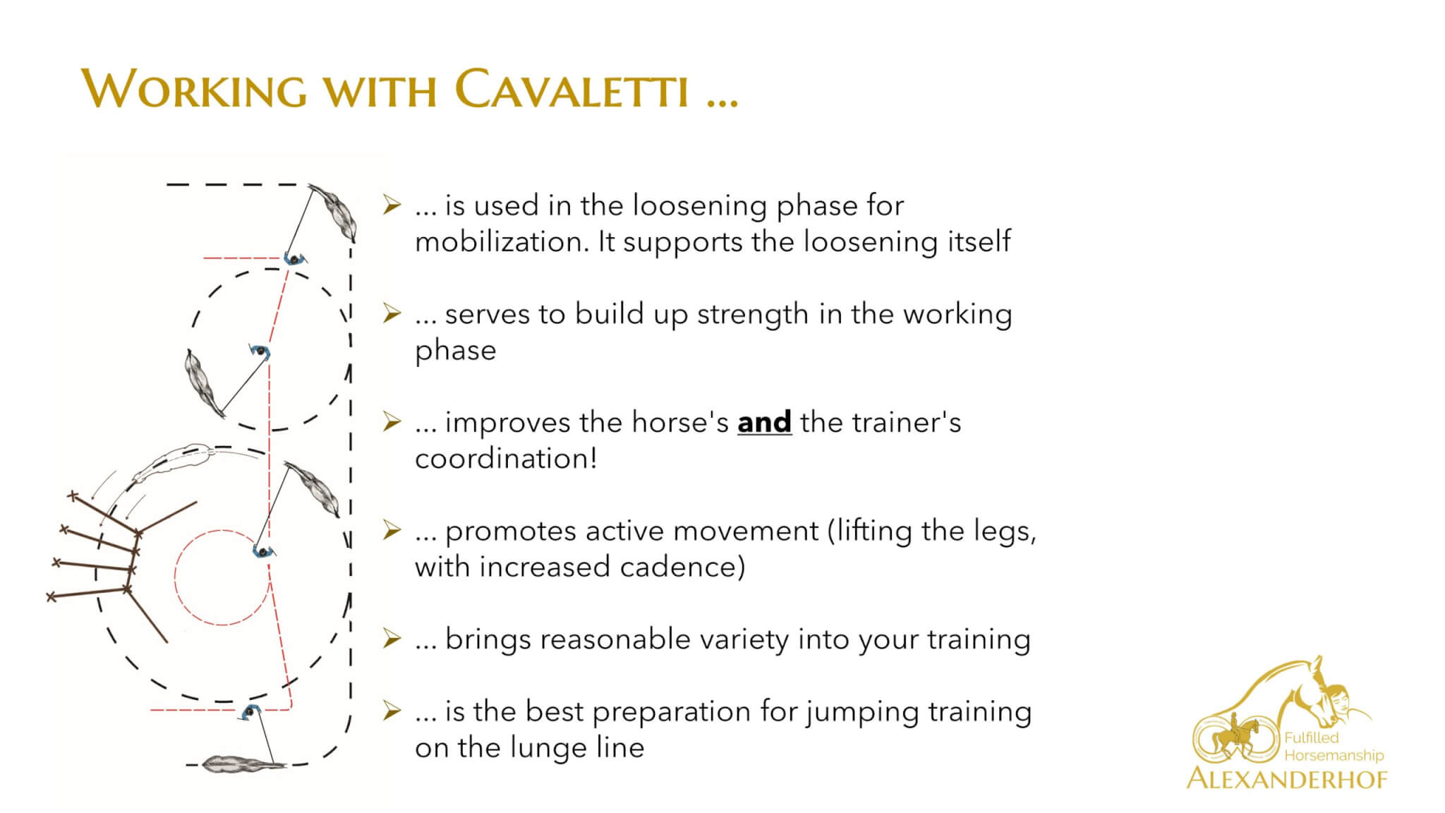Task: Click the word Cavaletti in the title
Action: [x=572, y=90]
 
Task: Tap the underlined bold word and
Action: [x=764, y=422]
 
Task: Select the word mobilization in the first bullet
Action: [x=500, y=241]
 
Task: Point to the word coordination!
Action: [x=506, y=459]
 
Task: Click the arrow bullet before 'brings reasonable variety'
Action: [x=392, y=639]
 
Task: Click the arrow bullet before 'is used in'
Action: [x=392, y=205]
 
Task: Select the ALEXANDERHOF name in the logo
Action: [x=1287, y=778]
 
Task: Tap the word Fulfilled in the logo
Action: [x=1311, y=738]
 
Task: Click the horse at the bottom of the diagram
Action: [x=244, y=763]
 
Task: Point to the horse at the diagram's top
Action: [x=334, y=212]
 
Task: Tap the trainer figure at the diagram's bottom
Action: [x=249, y=712]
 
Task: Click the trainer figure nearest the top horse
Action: [x=295, y=258]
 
